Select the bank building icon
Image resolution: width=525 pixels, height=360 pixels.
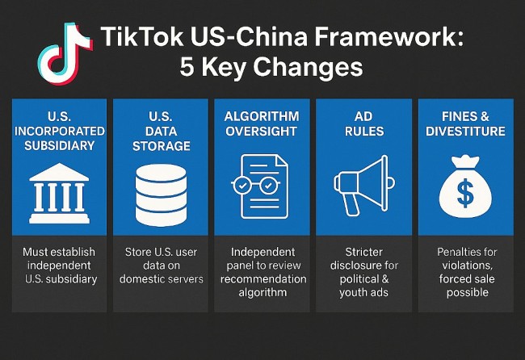(58, 193)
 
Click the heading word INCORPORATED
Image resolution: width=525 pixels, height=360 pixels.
(59, 131)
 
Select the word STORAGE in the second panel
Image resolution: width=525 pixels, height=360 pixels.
(160, 145)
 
